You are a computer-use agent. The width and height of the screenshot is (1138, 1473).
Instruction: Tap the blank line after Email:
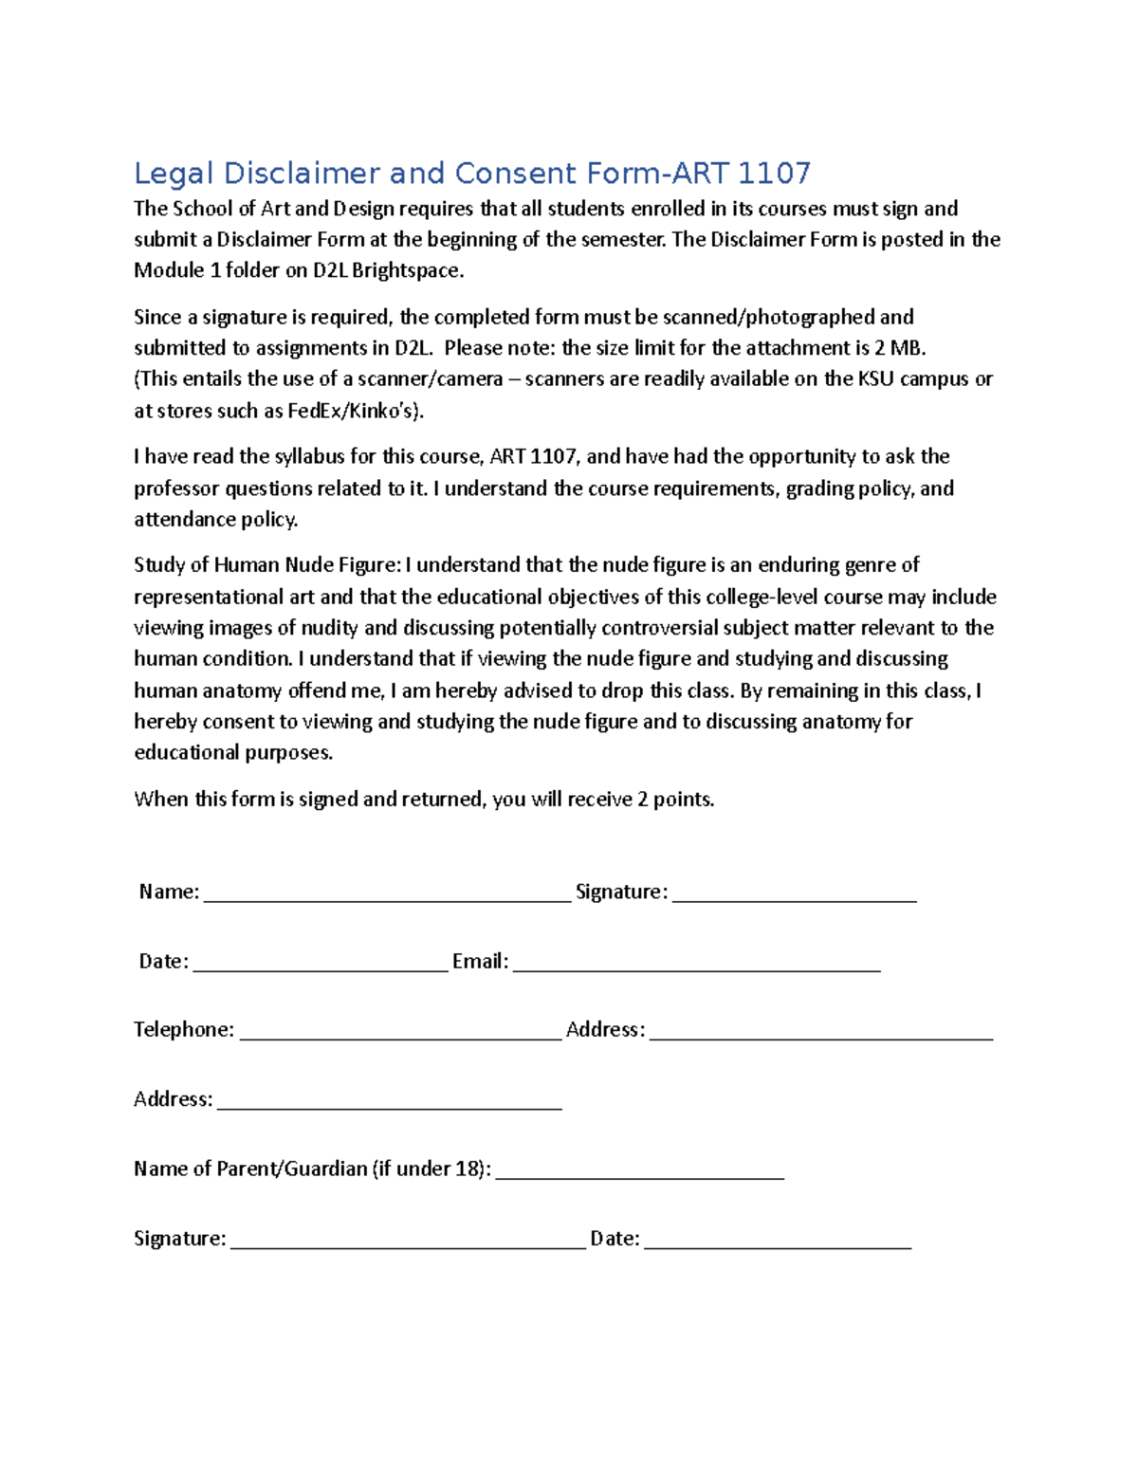(696, 966)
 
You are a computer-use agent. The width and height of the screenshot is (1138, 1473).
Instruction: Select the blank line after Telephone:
(400, 1035)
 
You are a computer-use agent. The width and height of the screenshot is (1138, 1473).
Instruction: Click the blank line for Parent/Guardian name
(639, 1173)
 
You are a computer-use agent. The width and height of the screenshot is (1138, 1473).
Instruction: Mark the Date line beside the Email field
(319, 966)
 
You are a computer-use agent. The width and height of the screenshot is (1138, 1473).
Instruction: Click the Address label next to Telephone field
(605, 1030)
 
